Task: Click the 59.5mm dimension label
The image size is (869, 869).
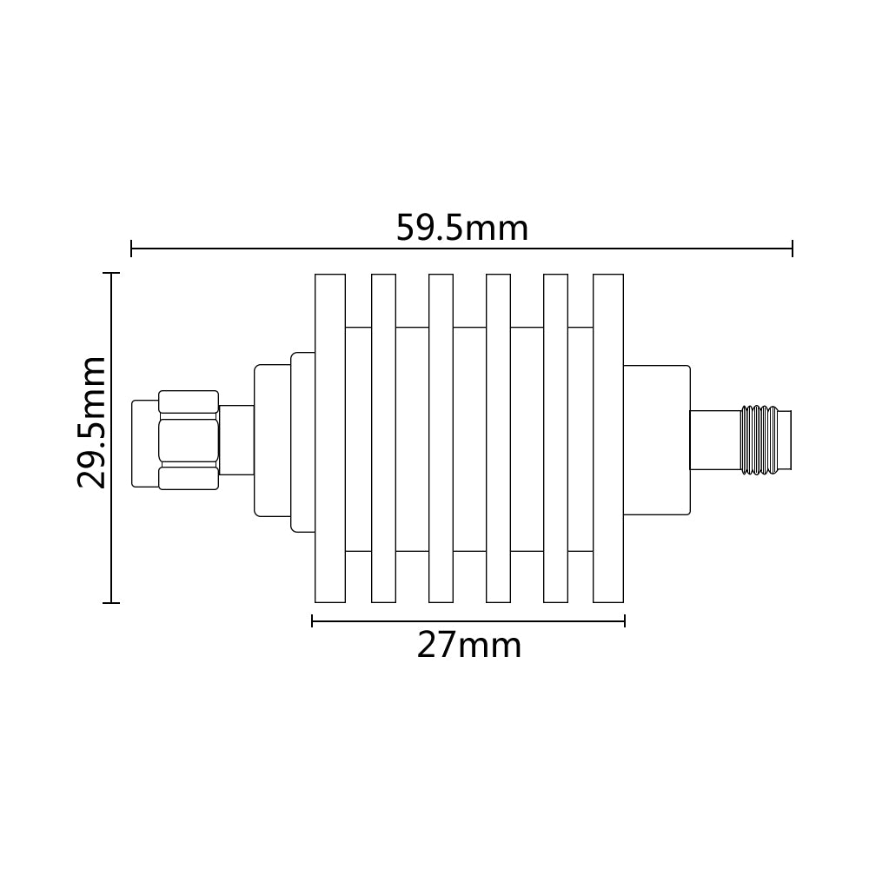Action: point(461,229)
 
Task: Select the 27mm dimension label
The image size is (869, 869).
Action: point(469,646)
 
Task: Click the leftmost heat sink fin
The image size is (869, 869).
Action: point(329,438)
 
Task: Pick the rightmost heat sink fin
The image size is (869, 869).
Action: point(607,438)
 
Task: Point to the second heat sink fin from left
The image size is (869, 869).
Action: point(383,438)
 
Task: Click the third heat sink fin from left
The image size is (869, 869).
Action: point(441,438)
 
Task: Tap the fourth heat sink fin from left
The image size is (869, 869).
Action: point(498,438)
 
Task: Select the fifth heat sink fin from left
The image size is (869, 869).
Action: point(555,438)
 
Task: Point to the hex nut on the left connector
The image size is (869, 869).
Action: point(189,439)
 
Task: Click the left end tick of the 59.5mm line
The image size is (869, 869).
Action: point(131,249)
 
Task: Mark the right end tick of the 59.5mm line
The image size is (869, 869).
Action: point(792,249)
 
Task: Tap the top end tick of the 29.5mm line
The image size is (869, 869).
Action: point(110,273)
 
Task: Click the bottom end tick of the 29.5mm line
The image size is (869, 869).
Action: point(110,602)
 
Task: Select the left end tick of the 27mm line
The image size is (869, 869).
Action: point(312,621)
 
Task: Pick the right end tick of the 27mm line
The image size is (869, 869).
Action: point(625,621)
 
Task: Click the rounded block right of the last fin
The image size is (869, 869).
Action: point(657,440)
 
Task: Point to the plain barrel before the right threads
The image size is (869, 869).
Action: point(714,441)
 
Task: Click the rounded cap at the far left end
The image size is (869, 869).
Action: point(144,443)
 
